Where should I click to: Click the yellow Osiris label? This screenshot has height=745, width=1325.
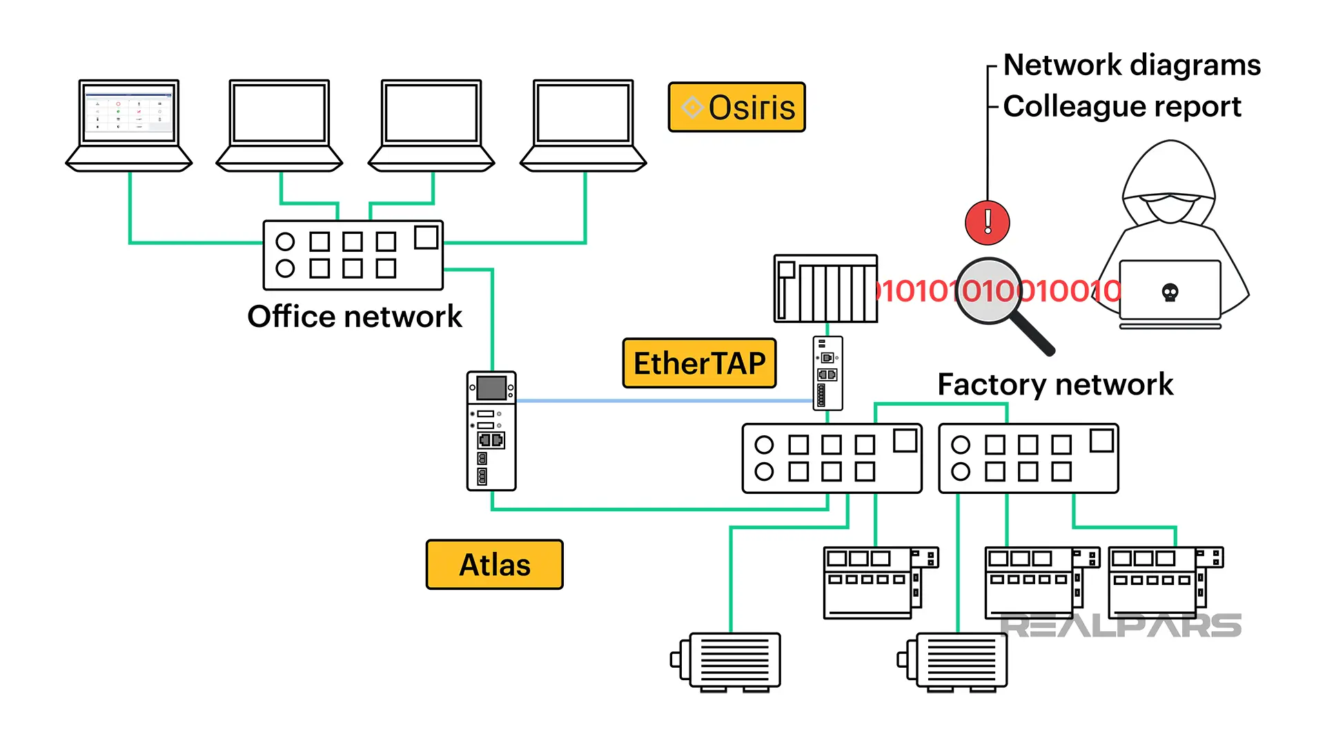(x=736, y=108)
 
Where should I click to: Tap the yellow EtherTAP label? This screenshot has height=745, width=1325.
(x=699, y=364)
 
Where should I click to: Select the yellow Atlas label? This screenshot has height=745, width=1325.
(x=494, y=565)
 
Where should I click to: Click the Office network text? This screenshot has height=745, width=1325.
(x=355, y=317)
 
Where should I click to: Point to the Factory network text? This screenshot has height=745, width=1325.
(x=1054, y=384)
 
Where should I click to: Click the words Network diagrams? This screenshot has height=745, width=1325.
(x=1132, y=65)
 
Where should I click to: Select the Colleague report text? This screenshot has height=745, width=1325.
(x=1121, y=106)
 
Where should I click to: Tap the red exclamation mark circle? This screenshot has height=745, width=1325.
(x=987, y=222)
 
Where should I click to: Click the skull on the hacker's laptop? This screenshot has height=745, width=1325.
(x=1170, y=292)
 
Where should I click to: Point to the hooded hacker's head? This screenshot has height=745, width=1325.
(x=1169, y=186)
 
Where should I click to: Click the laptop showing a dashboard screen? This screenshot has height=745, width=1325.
(x=129, y=124)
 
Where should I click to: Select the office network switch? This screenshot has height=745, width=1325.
(x=353, y=255)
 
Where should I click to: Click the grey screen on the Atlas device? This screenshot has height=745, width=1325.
(x=491, y=388)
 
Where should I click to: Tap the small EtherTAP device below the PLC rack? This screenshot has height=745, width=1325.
(x=827, y=373)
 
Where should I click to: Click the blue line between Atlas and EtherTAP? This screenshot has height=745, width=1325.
(x=662, y=401)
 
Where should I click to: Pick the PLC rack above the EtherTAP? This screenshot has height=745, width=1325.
(x=825, y=288)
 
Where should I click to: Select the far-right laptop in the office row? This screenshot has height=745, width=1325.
(x=583, y=124)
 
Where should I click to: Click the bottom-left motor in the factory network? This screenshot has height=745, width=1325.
(x=729, y=661)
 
